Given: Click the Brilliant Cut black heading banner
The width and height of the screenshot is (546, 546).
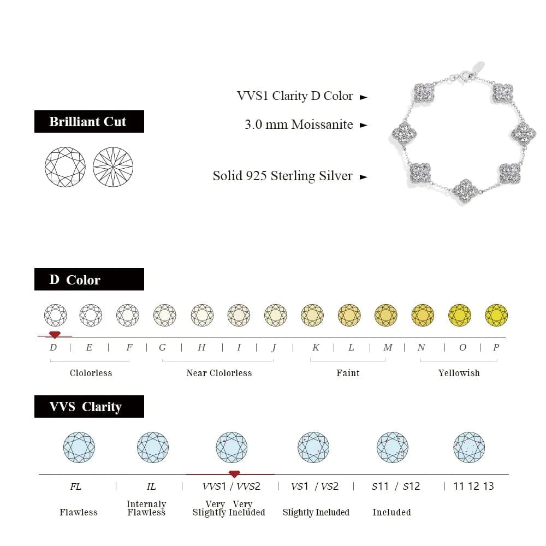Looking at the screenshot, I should click(89, 121).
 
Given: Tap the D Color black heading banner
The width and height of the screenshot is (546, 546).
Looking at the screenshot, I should click(89, 279).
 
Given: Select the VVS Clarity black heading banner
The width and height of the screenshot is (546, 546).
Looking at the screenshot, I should click(89, 406).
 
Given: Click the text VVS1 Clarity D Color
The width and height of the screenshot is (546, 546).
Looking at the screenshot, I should click(295, 96).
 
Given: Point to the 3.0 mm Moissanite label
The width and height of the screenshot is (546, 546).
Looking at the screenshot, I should click(299, 124).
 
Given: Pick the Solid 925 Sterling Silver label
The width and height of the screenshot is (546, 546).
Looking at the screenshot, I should click(282, 176).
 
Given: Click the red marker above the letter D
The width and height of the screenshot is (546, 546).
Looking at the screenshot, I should click(54, 334).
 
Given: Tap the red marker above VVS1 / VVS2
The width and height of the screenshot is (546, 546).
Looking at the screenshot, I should click(234, 474).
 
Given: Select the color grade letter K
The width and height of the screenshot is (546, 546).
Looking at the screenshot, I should click(316, 347).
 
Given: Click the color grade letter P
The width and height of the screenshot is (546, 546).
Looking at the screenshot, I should click(496, 347).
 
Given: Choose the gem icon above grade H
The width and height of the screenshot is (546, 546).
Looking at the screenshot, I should click(202, 315).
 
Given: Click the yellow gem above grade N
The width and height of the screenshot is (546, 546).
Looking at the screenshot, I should click(423, 315).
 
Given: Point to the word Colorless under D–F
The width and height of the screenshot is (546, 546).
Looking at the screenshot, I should click(91, 373).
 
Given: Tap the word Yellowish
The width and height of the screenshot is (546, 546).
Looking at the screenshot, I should click(459, 373).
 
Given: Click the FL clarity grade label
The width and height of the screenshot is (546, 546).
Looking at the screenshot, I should click(76, 486).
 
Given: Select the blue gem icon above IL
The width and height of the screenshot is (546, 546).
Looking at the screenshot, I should click(153, 447).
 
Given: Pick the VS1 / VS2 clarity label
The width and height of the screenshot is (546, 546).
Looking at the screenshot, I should click(315, 486).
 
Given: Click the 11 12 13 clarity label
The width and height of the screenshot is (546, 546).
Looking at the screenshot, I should click(473, 486).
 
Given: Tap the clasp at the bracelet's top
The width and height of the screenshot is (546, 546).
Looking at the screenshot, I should click(465, 75).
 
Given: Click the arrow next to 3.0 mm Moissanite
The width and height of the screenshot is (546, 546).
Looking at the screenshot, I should click(364, 125).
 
